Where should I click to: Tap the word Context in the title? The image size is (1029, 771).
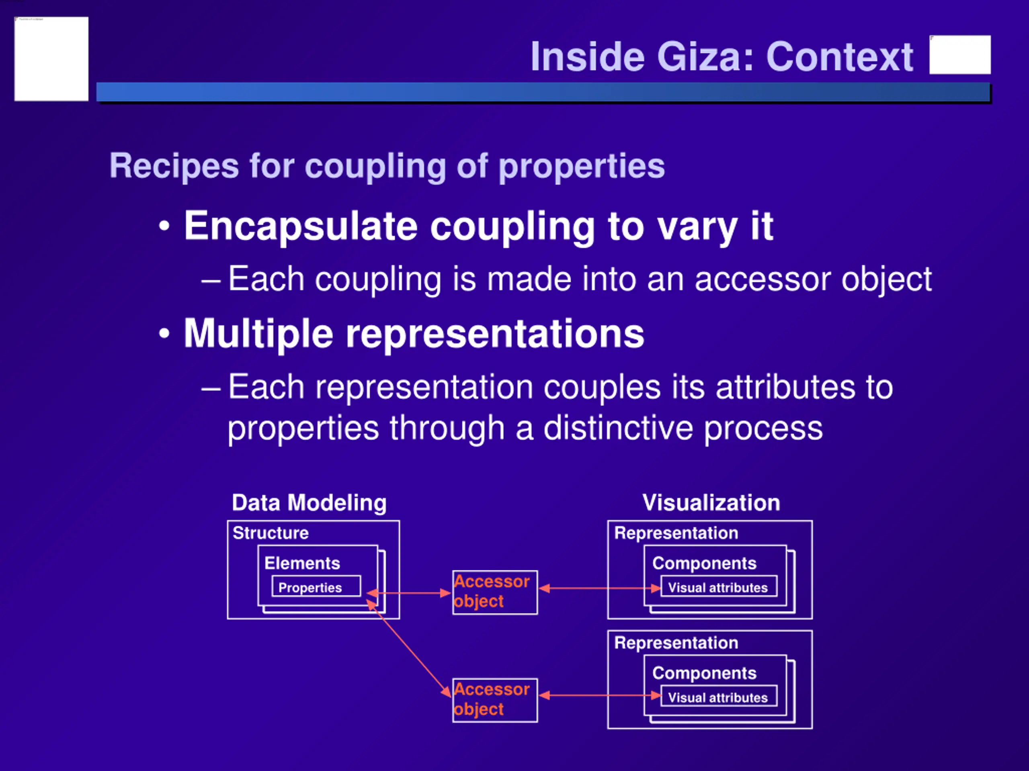(x=840, y=57)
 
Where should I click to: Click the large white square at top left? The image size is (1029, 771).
(x=51, y=59)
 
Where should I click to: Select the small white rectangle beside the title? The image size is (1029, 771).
(x=960, y=54)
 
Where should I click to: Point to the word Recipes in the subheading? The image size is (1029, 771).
(x=174, y=166)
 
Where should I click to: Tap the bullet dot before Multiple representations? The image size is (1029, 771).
(x=164, y=334)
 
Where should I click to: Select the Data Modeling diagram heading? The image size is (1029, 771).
(x=309, y=503)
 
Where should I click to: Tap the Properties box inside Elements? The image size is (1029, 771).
(x=316, y=587)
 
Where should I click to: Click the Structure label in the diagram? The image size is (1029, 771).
(x=270, y=533)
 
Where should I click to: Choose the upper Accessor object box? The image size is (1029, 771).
(x=494, y=592)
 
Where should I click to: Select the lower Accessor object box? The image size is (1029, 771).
(x=494, y=700)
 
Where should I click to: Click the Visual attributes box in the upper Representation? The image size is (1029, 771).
(x=718, y=587)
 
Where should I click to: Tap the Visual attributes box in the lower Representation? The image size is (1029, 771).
(x=718, y=697)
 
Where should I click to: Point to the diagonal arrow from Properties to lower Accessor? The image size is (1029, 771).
(x=409, y=648)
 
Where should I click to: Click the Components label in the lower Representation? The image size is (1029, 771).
(x=704, y=673)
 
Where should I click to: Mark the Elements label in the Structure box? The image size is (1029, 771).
(x=302, y=563)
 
